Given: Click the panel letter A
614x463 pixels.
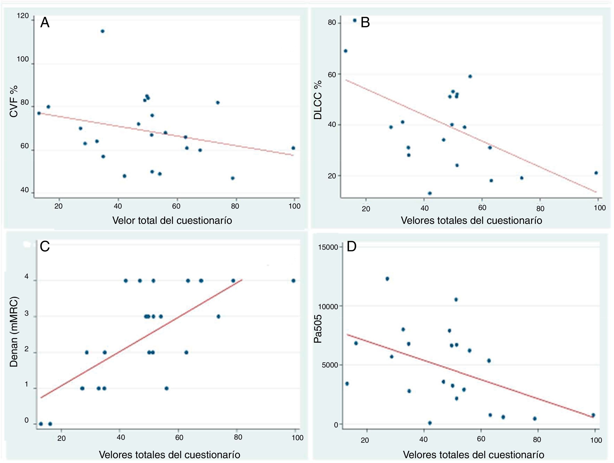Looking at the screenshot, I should (x=45, y=23).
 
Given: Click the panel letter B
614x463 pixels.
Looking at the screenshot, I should (x=365, y=22).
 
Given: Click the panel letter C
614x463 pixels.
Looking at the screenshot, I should (x=45, y=246).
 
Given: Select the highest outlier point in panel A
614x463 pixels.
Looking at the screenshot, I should (x=102, y=31).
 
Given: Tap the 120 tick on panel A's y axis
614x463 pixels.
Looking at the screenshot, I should (x=23, y=16).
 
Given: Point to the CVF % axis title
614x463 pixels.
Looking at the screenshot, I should (x=14, y=101).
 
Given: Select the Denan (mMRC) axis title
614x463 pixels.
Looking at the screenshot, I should (x=14, y=332).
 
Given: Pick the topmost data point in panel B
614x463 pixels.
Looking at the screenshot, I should (x=354, y=20).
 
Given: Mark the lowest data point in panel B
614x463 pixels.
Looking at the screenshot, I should (x=430, y=193).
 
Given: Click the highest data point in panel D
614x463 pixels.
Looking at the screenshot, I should (x=387, y=279).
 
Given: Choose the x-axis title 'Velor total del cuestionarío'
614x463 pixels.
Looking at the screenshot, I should (x=172, y=220).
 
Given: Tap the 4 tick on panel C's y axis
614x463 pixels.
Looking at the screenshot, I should (x=27, y=277).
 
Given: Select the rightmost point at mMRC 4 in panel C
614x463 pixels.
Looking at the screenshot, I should (x=293, y=280).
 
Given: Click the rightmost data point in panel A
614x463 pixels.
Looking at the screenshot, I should (x=293, y=148).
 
